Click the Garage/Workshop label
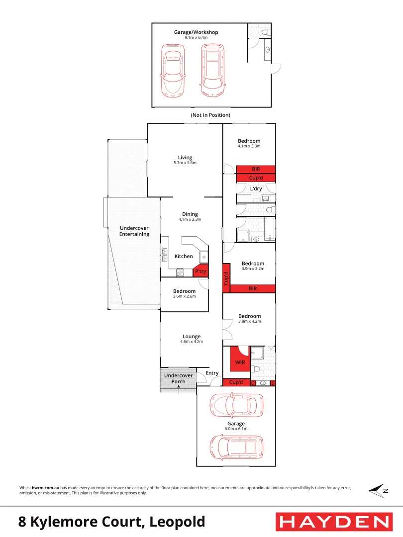coord(196,32)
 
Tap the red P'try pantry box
coord(201,271)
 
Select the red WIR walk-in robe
coord(239,362)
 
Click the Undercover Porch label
coord(178,378)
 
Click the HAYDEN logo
coord(334,522)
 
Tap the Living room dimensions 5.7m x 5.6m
coord(185,163)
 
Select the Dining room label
coord(190,214)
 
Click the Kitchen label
coord(184,257)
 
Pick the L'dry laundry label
coord(256,189)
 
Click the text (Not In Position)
coord(210,115)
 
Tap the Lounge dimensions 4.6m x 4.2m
coord(192,342)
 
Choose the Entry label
coord(212,373)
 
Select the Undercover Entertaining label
coord(134,231)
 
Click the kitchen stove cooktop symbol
coord(180,272)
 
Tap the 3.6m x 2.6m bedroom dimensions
coord(185,296)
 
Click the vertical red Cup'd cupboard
coord(226,278)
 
